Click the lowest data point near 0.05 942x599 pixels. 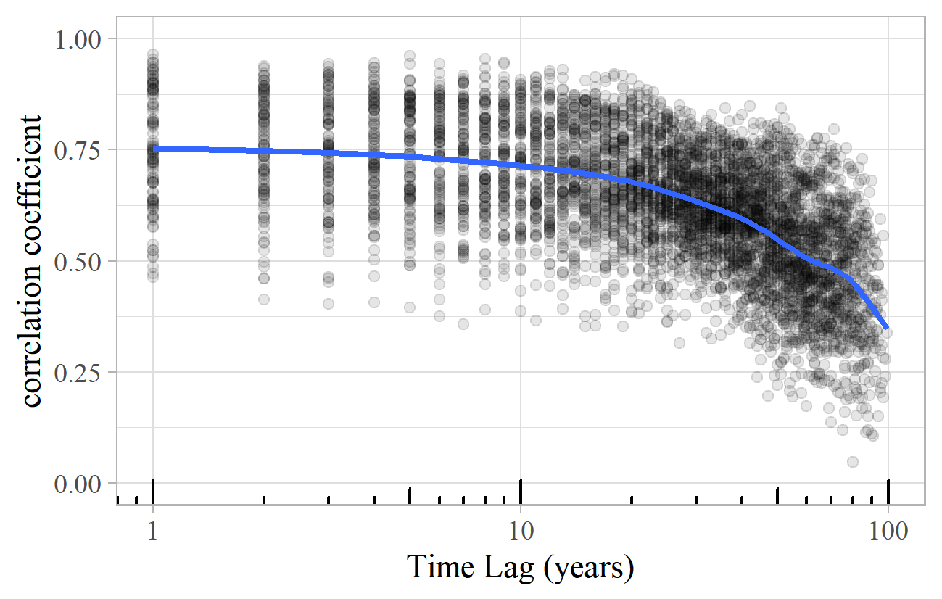coord(853,462)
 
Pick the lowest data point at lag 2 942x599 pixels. coord(264,299)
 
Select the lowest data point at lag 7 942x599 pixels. coord(463,324)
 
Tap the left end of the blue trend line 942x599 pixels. coord(154,149)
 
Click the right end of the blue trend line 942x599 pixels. coord(886,328)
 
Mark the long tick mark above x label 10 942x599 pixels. coord(521,490)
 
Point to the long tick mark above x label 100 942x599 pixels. coord(888,490)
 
